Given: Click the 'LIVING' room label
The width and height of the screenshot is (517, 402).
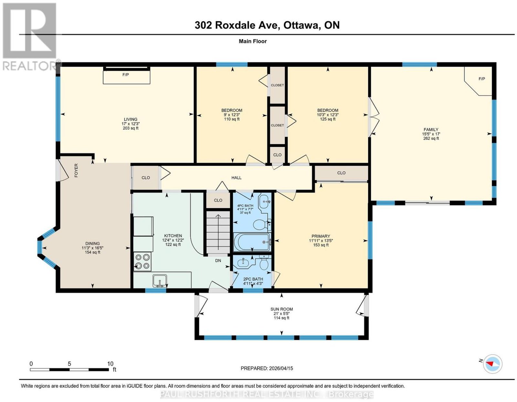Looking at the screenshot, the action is [x=130, y=119].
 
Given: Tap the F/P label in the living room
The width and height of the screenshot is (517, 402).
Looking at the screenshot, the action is [x=125, y=75].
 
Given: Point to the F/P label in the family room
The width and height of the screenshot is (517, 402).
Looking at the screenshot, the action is [x=481, y=79].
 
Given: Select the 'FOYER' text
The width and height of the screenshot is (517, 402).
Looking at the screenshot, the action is [x=76, y=170].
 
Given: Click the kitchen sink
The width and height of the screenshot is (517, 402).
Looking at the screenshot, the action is [x=160, y=281].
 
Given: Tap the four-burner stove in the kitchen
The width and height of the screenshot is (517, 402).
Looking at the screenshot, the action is [x=142, y=261].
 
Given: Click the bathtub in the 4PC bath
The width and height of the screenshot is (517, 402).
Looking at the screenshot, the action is [x=252, y=242].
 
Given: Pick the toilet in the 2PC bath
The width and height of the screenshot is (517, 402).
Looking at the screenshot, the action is [x=264, y=263].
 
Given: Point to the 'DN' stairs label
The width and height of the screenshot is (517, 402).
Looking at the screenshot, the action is [x=218, y=260].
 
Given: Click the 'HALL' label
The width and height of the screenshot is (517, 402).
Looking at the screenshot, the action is [x=236, y=178].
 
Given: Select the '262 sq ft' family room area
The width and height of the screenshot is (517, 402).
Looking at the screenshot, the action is [x=431, y=138].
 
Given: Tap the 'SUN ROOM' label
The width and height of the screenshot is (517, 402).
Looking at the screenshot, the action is [x=281, y=309].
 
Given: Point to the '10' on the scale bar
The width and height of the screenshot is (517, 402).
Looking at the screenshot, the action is [x=110, y=364].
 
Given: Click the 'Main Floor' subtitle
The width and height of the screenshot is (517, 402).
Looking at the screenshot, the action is [x=253, y=41].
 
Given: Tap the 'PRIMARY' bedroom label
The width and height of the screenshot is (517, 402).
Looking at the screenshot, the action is [x=321, y=236].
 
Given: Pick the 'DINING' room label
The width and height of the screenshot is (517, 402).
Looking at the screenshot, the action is [x=92, y=244].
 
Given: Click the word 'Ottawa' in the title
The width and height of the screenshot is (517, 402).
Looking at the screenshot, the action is [x=301, y=25].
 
